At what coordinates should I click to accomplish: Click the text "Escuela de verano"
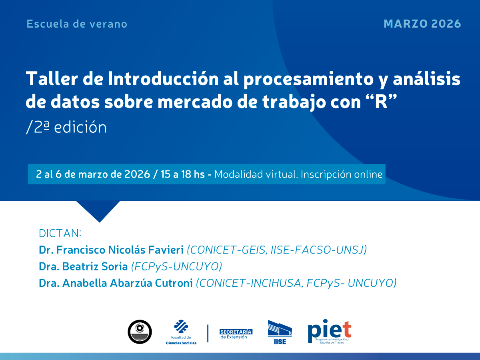[x=77, y=24]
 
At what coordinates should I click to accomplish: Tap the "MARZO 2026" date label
[x=422, y=24]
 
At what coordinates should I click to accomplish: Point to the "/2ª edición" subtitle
[x=66, y=127]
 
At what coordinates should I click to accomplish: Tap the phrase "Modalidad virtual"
[x=256, y=174]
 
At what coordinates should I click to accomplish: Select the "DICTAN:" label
[x=60, y=233]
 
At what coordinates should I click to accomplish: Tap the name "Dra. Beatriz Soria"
[x=83, y=266]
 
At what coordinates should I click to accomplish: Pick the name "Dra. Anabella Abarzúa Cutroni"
[x=116, y=283]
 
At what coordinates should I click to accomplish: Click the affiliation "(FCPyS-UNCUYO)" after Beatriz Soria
[x=176, y=266]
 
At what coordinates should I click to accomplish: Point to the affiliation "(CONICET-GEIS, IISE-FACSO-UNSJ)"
[x=277, y=250]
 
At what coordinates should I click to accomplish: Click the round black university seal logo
[x=140, y=332]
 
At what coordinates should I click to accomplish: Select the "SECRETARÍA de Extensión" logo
[x=236, y=334]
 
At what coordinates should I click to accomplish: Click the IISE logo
[x=280, y=332]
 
